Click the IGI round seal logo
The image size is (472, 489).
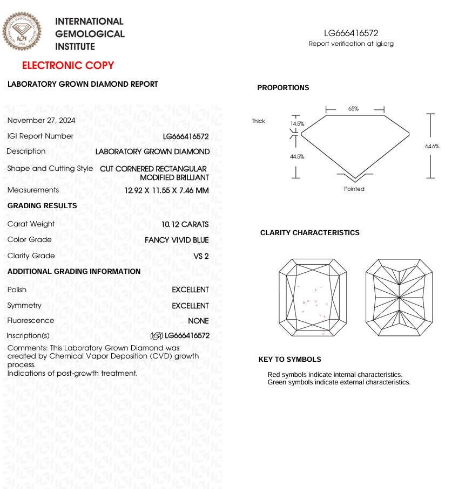click(x=22, y=32)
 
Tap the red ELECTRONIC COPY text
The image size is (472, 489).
click(x=68, y=66)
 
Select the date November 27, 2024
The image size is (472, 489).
click(x=42, y=120)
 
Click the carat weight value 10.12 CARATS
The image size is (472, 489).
click(x=185, y=224)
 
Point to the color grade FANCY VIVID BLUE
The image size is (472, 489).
click(x=177, y=240)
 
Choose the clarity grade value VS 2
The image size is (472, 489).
click(x=201, y=256)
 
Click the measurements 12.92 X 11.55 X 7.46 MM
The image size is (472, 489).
click(x=166, y=190)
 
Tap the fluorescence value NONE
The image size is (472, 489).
click(x=198, y=321)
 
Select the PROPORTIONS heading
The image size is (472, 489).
click(x=283, y=88)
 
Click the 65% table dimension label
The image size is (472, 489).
click(x=353, y=109)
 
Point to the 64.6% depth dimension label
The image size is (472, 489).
click(x=432, y=146)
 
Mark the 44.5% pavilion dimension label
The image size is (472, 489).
click(x=297, y=157)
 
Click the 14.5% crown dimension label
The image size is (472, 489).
click(x=297, y=123)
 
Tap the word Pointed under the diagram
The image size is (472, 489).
click(x=354, y=189)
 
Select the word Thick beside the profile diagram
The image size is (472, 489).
click(x=258, y=121)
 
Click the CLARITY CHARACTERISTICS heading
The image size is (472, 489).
click(x=309, y=233)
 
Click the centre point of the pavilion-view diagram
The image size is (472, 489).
click(x=399, y=297)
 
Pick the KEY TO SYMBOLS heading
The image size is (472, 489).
click(x=289, y=360)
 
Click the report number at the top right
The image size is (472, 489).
click(x=351, y=33)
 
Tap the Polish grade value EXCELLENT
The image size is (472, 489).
click(x=190, y=290)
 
